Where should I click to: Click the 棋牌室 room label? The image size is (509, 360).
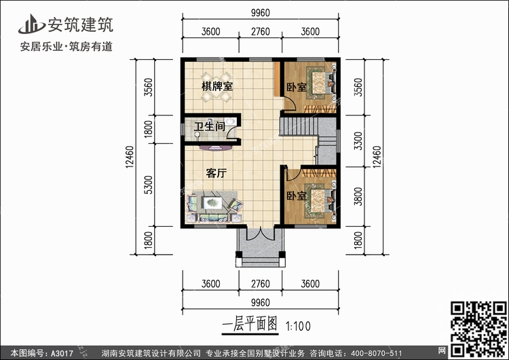point(217,87)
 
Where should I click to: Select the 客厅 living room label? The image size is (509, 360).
point(216,173)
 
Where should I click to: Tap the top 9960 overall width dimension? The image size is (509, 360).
point(260,12)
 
